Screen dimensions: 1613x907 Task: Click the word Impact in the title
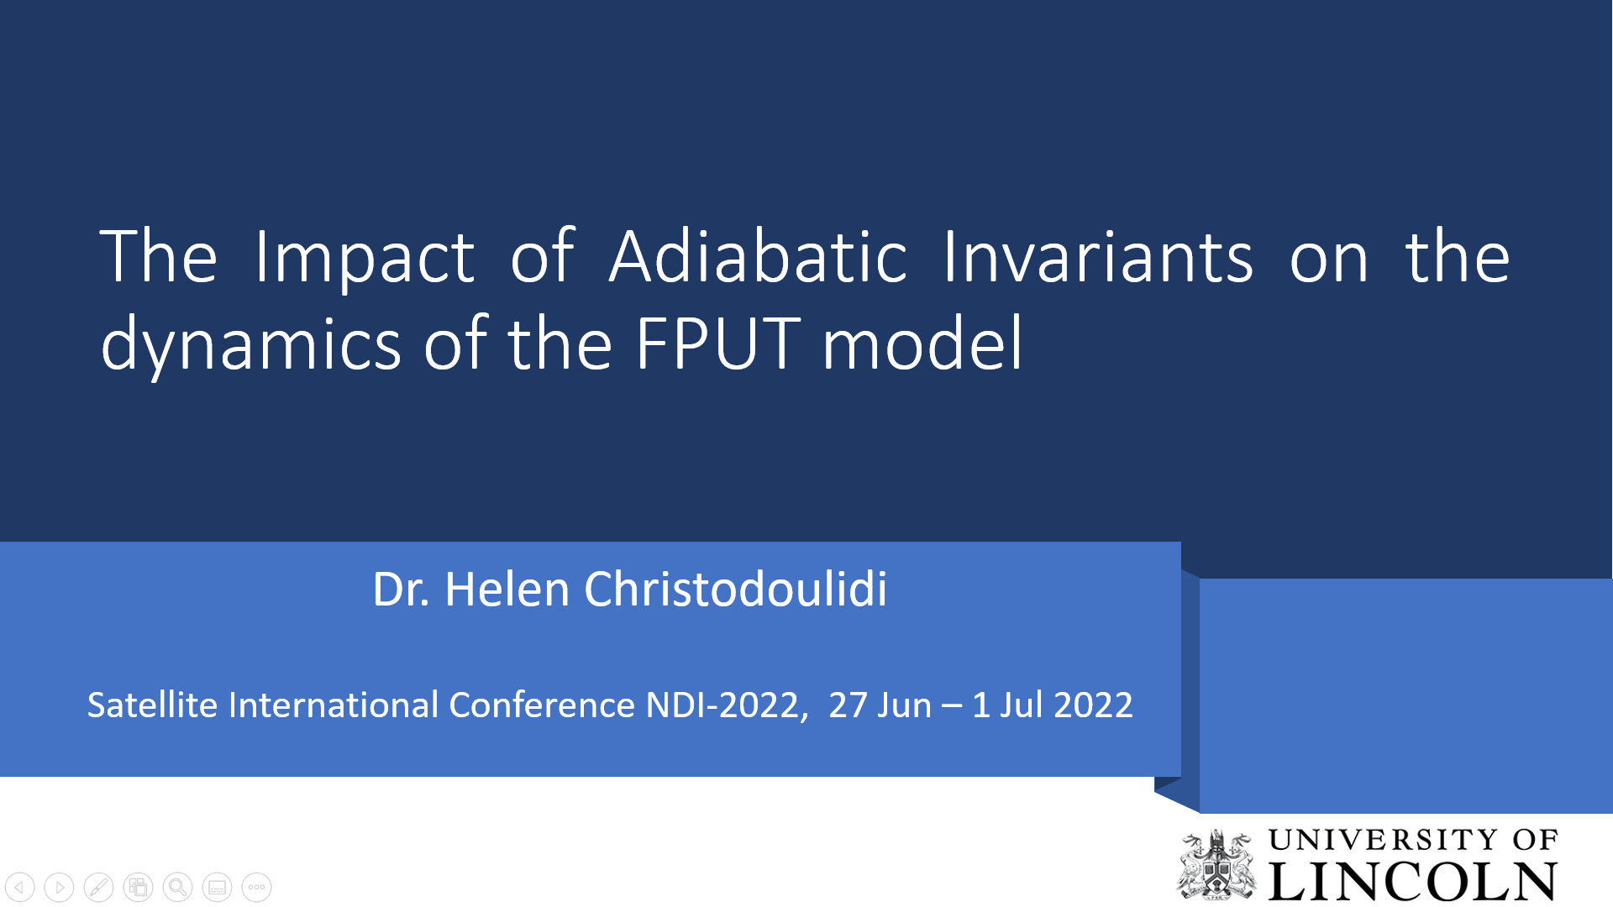[x=365, y=259]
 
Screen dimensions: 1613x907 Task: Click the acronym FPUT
[x=718, y=343]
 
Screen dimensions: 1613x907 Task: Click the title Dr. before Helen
[x=402, y=590]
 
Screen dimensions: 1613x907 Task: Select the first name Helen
[x=507, y=590]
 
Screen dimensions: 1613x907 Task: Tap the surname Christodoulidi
[x=736, y=590]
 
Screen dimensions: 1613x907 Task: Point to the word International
[x=334, y=705]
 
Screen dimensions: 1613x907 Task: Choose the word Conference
[x=542, y=705]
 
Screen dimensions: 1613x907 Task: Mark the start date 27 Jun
[x=880, y=705]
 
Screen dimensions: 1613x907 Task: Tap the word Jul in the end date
[x=1022, y=705]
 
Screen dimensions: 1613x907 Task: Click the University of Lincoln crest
[x=1216, y=864]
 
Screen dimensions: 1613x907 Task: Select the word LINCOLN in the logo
[x=1413, y=881]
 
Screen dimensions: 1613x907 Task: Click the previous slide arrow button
[x=19, y=887]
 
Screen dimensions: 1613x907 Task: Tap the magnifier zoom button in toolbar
[x=177, y=887]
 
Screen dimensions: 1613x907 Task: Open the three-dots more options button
[x=256, y=887]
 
